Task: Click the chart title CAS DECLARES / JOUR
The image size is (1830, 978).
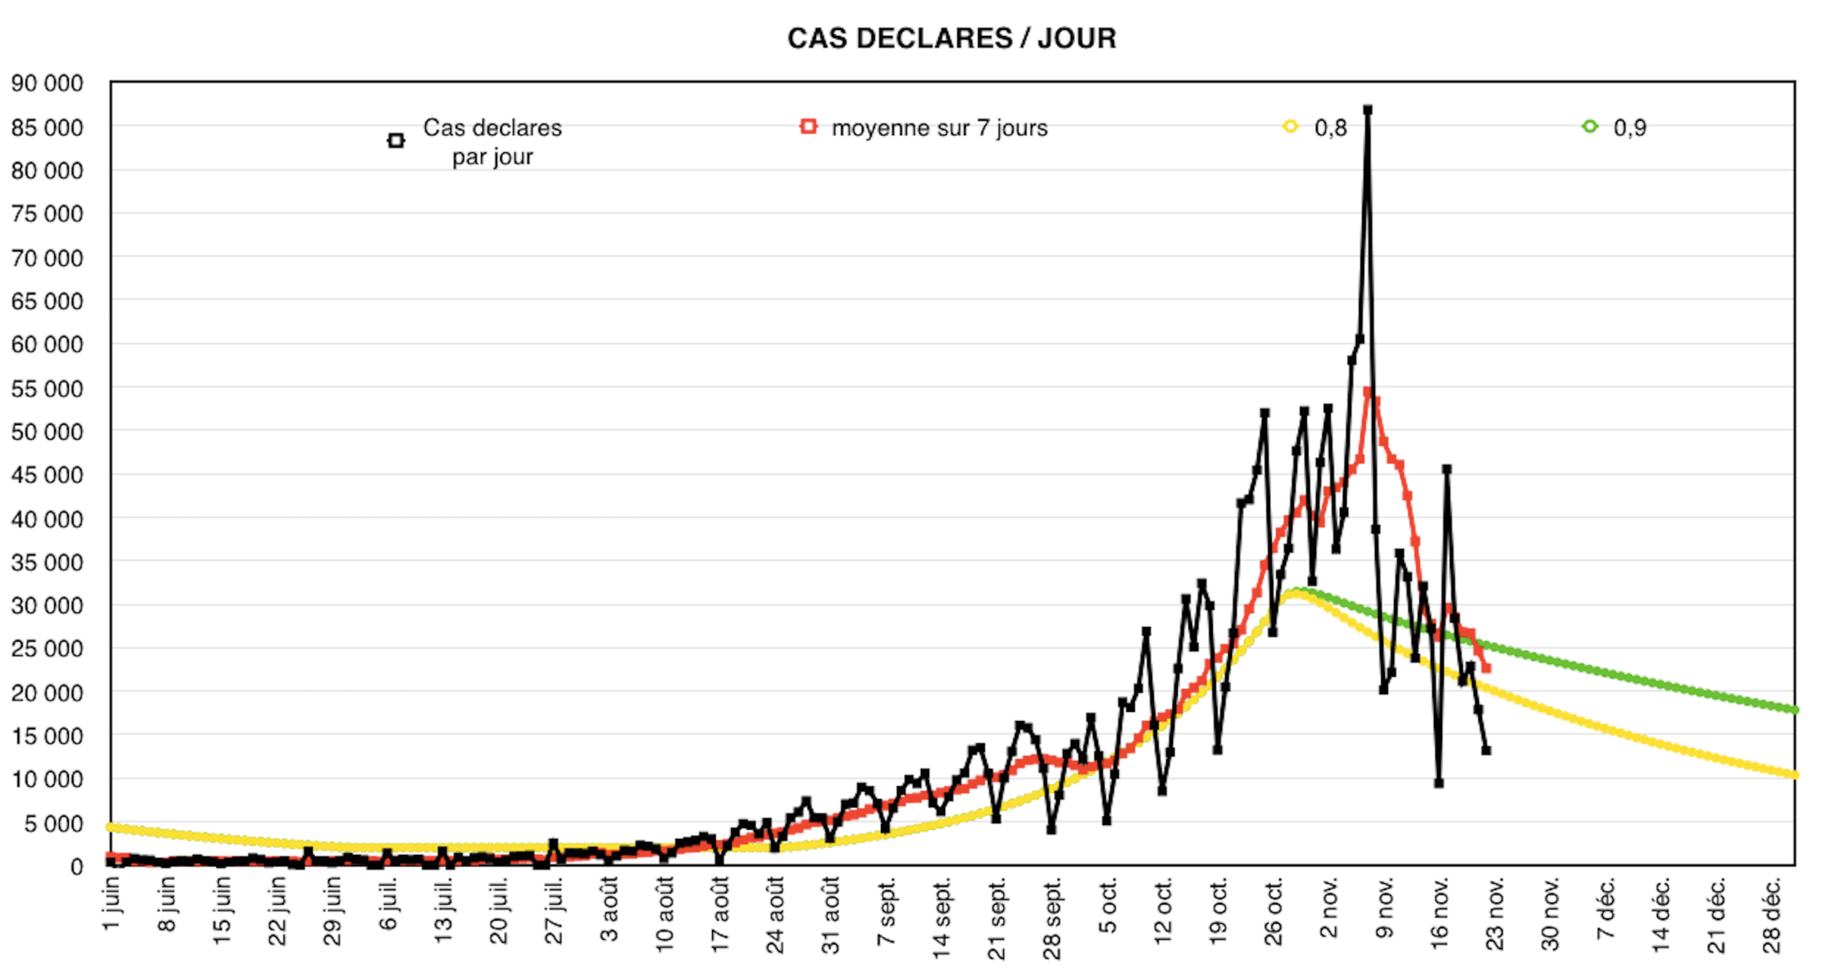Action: pos(952,38)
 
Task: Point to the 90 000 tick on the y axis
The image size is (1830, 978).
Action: pos(47,83)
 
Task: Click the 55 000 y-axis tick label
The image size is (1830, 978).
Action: pos(47,388)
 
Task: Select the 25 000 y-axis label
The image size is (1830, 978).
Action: pos(47,649)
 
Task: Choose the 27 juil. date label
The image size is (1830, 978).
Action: pos(555,911)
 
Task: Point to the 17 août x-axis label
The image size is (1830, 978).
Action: pos(720,913)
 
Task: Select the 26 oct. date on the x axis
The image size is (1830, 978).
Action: pos(1274,911)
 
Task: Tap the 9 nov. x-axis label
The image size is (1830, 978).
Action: pos(1384,908)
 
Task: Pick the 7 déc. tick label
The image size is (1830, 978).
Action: pos(1605,908)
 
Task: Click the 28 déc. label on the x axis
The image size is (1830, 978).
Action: pos(1772,913)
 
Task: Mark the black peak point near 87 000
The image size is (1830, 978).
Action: pos(1368,110)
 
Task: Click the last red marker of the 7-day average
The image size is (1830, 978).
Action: pos(1486,668)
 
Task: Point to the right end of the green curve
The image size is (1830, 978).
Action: pos(1794,709)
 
